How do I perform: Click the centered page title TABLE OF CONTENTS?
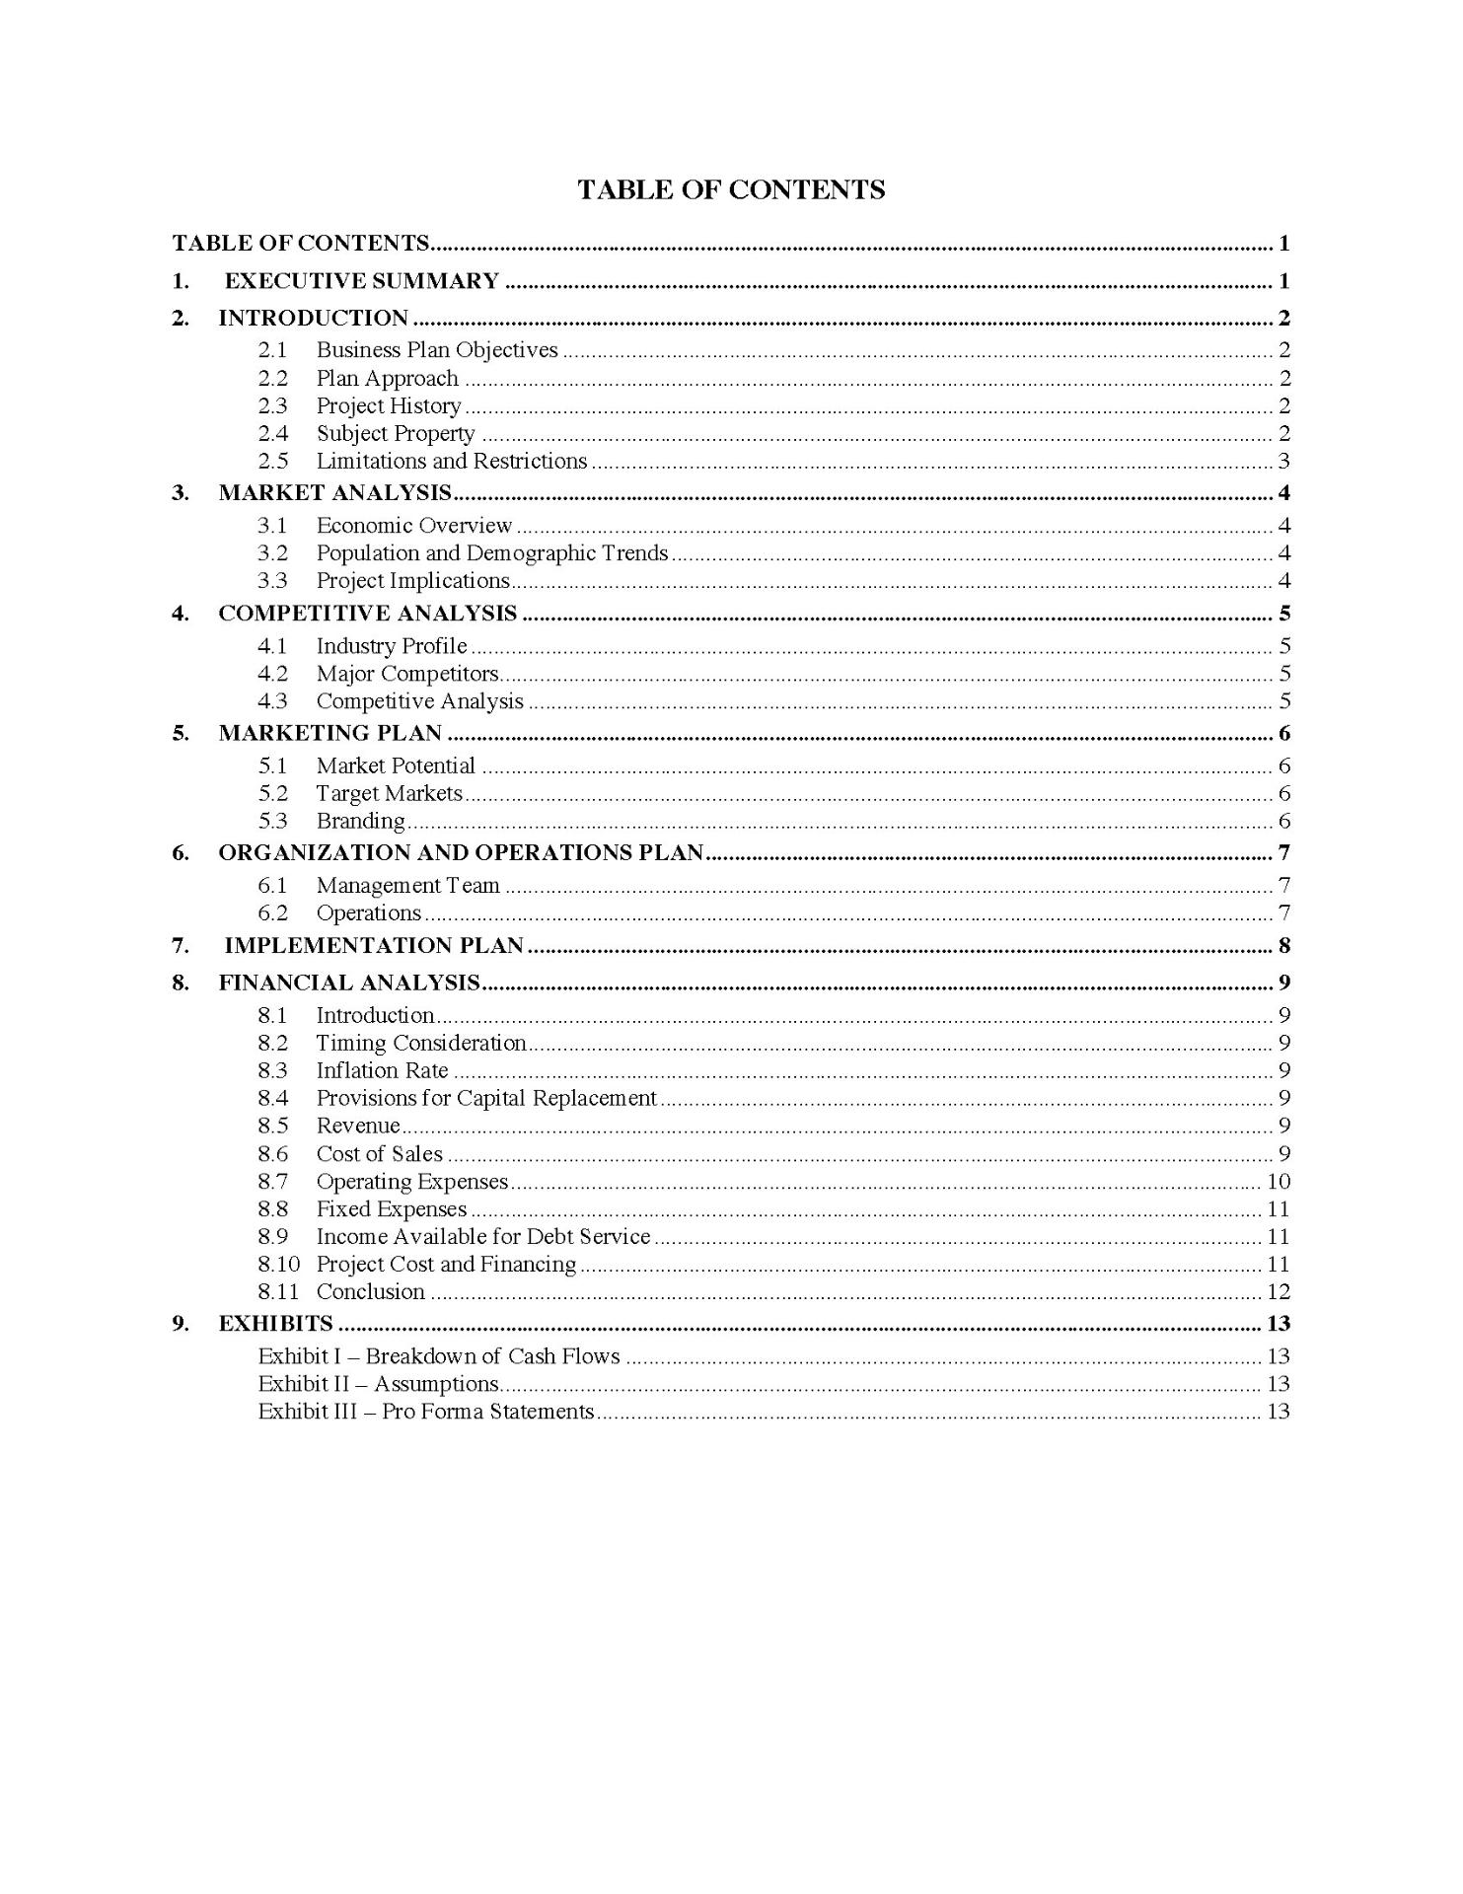(x=731, y=189)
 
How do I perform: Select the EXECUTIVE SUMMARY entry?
(x=361, y=281)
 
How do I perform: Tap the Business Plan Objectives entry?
(x=437, y=350)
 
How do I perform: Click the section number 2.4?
(x=272, y=433)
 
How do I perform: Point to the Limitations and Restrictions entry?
(x=451, y=461)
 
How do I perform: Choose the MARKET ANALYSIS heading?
(x=334, y=492)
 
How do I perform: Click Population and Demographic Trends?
(x=491, y=553)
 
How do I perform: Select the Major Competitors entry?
(x=406, y=674)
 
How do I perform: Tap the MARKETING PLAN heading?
(x=329, y=733)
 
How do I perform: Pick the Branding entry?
(x=360, y=821)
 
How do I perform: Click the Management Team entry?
(x=407, y=886)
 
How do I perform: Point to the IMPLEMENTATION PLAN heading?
(x=373, y=945)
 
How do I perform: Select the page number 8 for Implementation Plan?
(x=1283, y=946)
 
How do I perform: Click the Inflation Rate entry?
(x=382, y=1070)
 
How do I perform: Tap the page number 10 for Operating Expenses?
(x=1278, y=1182)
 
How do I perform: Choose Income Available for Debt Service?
(x=482, y=1237)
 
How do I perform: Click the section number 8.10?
(x=278, y=1265)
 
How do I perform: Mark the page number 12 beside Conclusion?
(x=1278, y=1292)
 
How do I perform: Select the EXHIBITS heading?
(x=275, y=1324)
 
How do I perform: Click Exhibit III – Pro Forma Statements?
(x=425, y=1412)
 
